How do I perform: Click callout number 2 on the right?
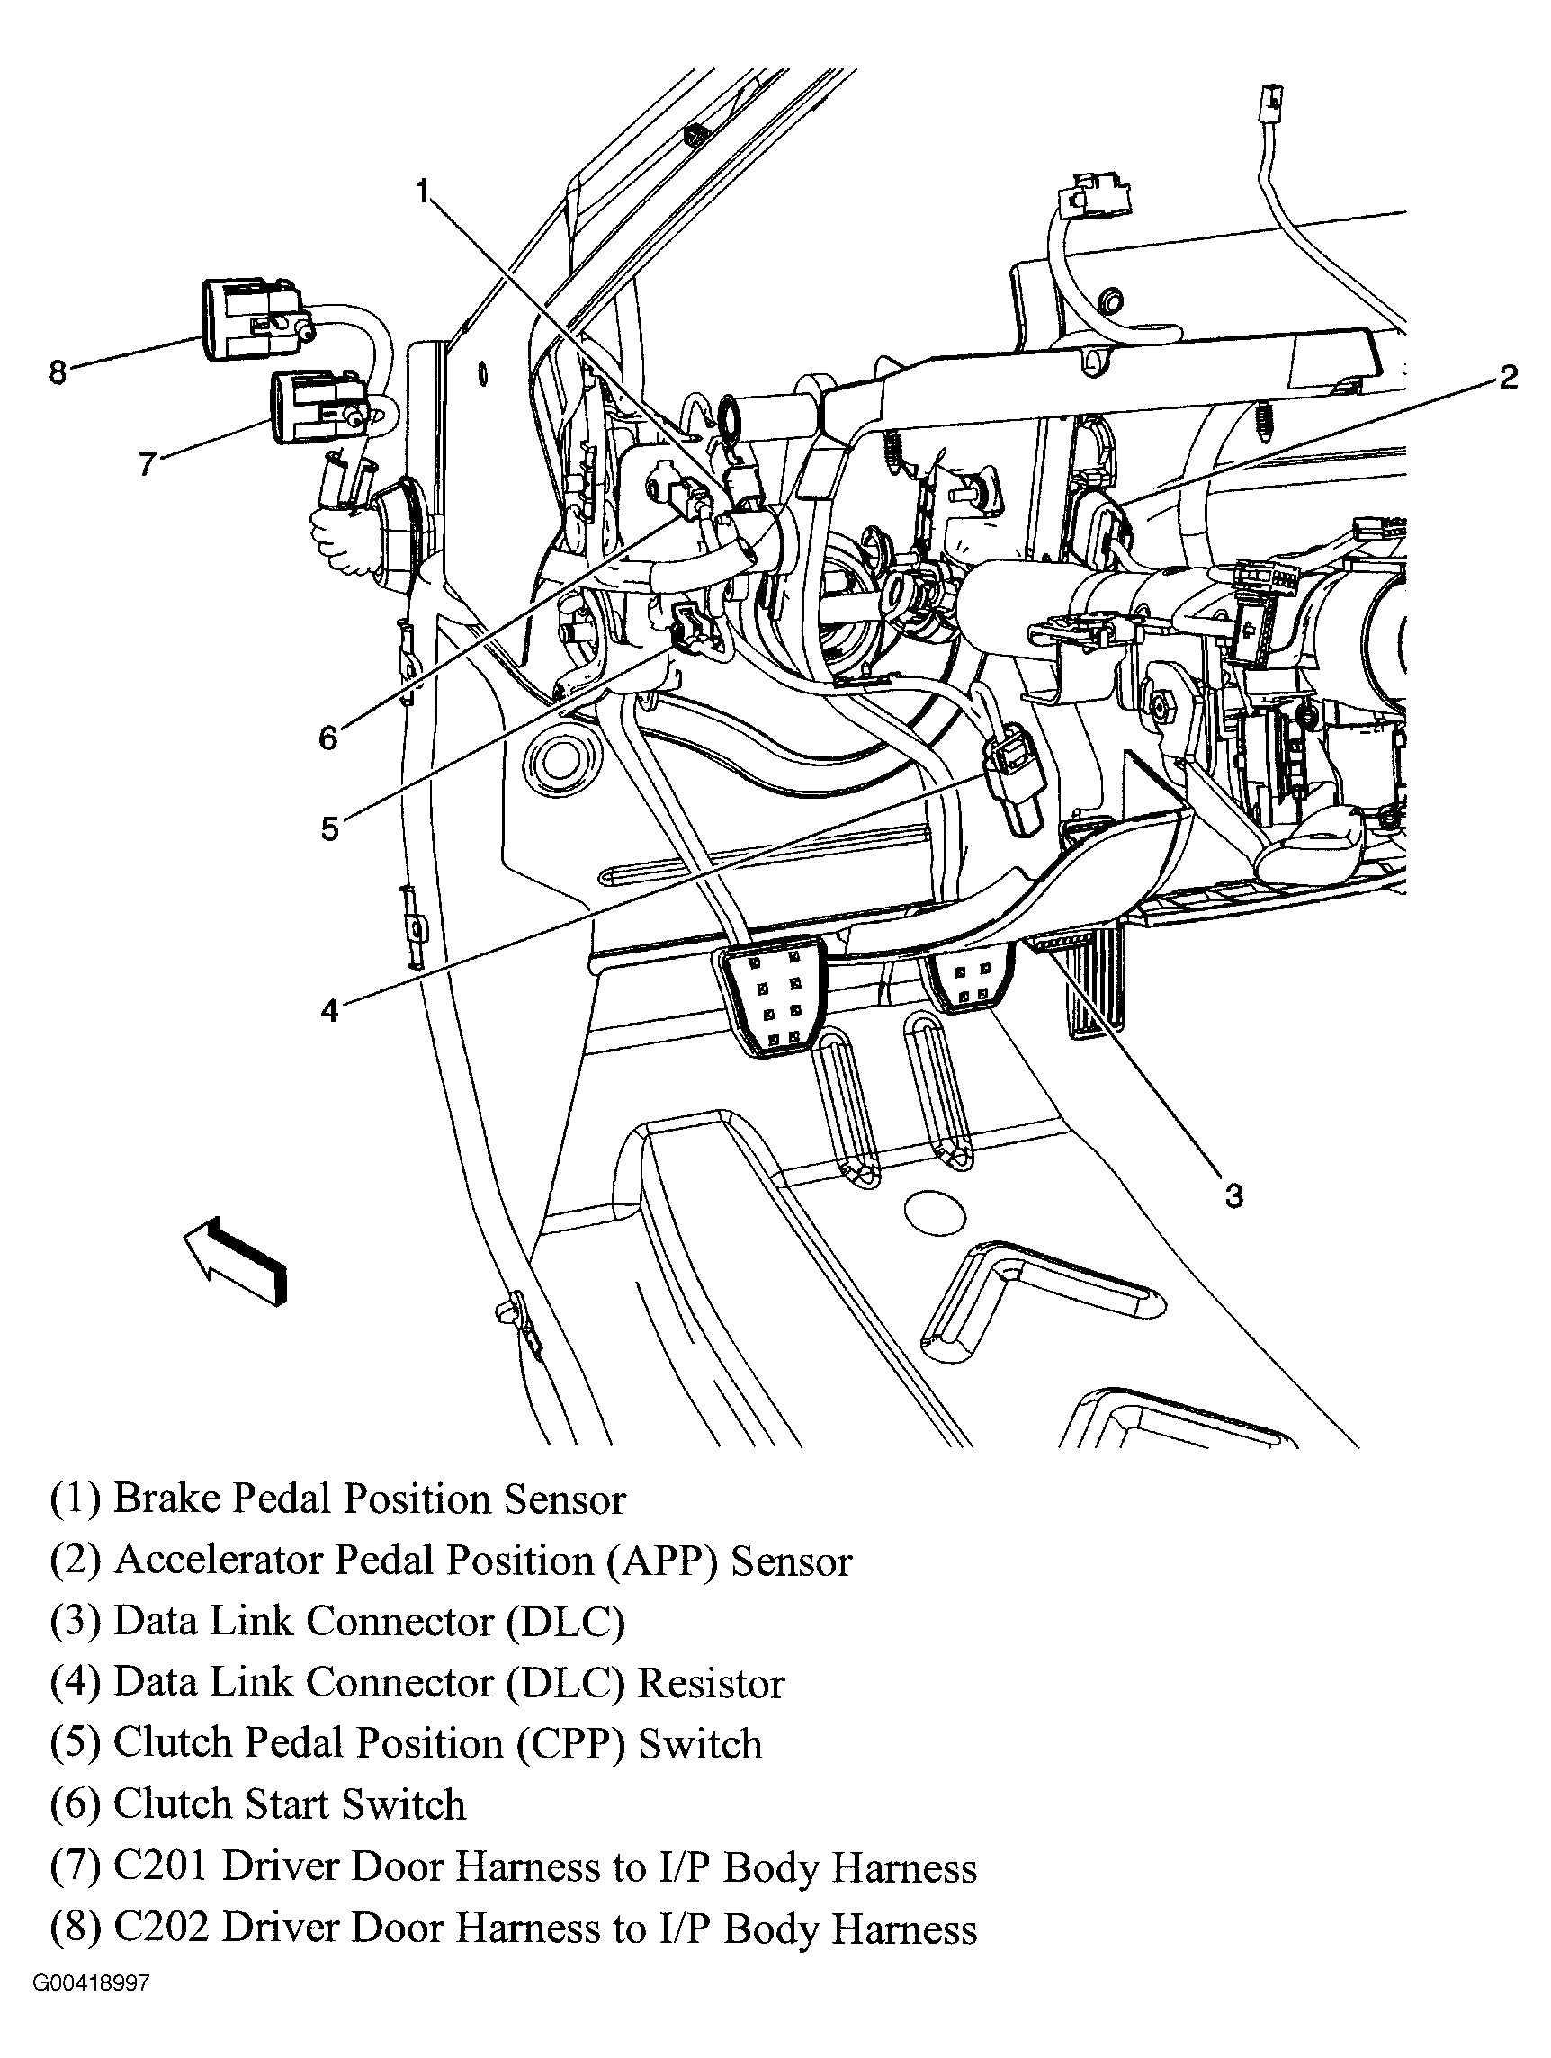1508,377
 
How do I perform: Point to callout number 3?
1233,1195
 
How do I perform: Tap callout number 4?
330,1009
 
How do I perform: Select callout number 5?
330,828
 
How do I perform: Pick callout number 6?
328,738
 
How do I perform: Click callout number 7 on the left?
147,463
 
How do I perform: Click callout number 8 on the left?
58,374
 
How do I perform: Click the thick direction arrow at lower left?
237,1260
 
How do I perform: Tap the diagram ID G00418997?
91,2009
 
